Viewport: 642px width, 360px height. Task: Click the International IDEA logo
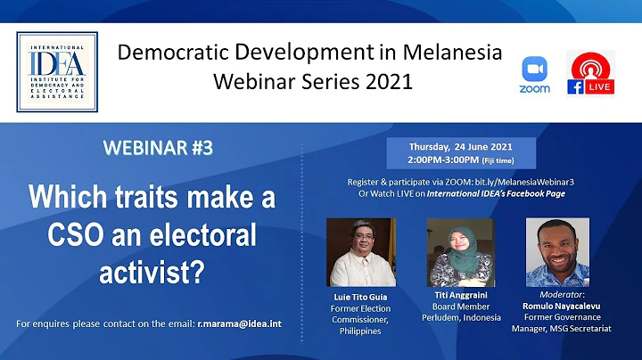click(x=57, y=72)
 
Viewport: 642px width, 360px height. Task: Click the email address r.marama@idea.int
click(x=239, y=323)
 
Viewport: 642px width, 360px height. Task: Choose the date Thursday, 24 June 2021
click(x=459, y=146)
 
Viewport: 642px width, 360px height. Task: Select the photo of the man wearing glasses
click(x=360, y=251)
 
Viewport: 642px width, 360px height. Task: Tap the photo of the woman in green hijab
click(x=461, y=251)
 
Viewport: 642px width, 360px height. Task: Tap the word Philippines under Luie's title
click(x=361, y=331)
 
